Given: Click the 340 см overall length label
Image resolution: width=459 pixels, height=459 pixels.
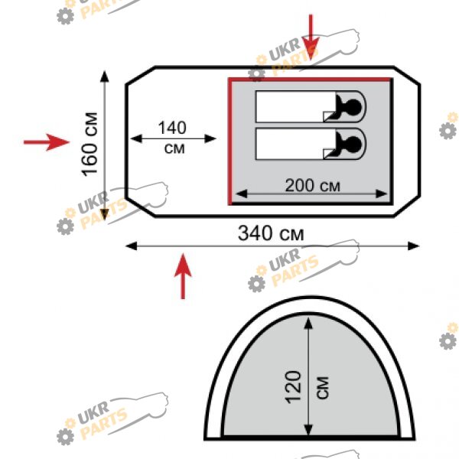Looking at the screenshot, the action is tap(271, 233).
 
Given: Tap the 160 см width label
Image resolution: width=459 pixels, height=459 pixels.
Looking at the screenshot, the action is tap(90, 145).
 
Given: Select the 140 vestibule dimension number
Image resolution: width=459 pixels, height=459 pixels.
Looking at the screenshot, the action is tap(172, 128).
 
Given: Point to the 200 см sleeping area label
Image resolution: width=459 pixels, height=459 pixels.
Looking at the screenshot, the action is tap(313, 186).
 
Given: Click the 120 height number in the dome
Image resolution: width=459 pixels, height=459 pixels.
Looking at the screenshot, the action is tap(294, 387).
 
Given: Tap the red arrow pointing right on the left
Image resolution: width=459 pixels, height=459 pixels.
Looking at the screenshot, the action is tap(47, 142).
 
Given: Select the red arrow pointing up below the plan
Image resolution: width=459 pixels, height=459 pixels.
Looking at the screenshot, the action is tap(183, 276).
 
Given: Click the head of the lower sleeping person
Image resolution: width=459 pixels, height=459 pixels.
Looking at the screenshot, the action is tap(353, 144).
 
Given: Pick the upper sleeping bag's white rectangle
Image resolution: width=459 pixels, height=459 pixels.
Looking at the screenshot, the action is tap(295, 106).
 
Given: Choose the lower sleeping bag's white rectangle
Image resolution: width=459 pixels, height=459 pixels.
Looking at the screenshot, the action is tap(295, 144).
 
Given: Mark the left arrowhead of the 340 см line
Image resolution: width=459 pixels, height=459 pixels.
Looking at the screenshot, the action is tap(131, 246).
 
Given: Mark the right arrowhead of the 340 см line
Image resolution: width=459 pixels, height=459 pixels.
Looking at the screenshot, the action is tap(414, 246).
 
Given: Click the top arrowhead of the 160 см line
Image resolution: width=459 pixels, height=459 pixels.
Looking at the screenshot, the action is tap(105, 76).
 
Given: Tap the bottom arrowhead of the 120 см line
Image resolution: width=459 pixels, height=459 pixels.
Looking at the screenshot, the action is tap(308, 429).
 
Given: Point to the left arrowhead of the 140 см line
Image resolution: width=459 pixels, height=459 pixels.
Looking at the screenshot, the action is tap(136, 138).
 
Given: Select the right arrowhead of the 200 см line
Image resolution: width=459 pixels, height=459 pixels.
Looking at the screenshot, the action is tap(382, 194).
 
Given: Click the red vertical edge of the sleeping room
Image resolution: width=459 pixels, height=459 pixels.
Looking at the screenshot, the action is tap(230, 142).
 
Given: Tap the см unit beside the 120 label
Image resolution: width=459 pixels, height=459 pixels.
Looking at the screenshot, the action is tap(323, 388).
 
